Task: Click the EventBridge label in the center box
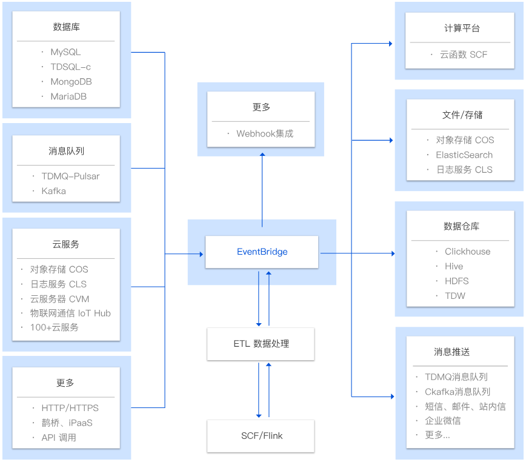point(262,252)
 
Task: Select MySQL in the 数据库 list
point(65,52)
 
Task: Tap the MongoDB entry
point(71,81)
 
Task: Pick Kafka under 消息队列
point(53,191)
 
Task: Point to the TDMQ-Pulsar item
point(70,176)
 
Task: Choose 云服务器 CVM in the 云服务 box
point(59,298)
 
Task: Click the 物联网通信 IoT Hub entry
point(70,313)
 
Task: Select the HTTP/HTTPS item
point(70,408)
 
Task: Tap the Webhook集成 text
point(265,133)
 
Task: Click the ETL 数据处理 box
point(261,344)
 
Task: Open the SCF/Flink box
point(261,435)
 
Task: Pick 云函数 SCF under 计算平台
point(464,55)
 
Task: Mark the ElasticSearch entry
point(464,155)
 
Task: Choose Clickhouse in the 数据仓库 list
point(467,252)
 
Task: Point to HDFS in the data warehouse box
point(456,281)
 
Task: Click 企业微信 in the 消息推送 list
point(442,421)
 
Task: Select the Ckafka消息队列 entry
point(458,392)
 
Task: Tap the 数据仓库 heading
point(462,226)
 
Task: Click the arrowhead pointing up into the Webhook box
point(262,155)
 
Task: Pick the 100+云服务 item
point(54,327)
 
